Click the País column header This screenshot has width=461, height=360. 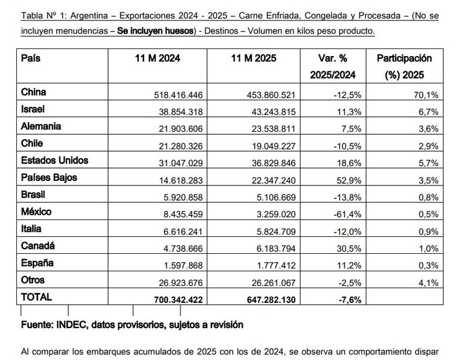(31, 58)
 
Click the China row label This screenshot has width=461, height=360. (33, 92)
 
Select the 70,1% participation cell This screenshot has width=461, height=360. (424, 94)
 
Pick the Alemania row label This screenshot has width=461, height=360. (41, 126)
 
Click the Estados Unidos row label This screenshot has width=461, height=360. (55, 160)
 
